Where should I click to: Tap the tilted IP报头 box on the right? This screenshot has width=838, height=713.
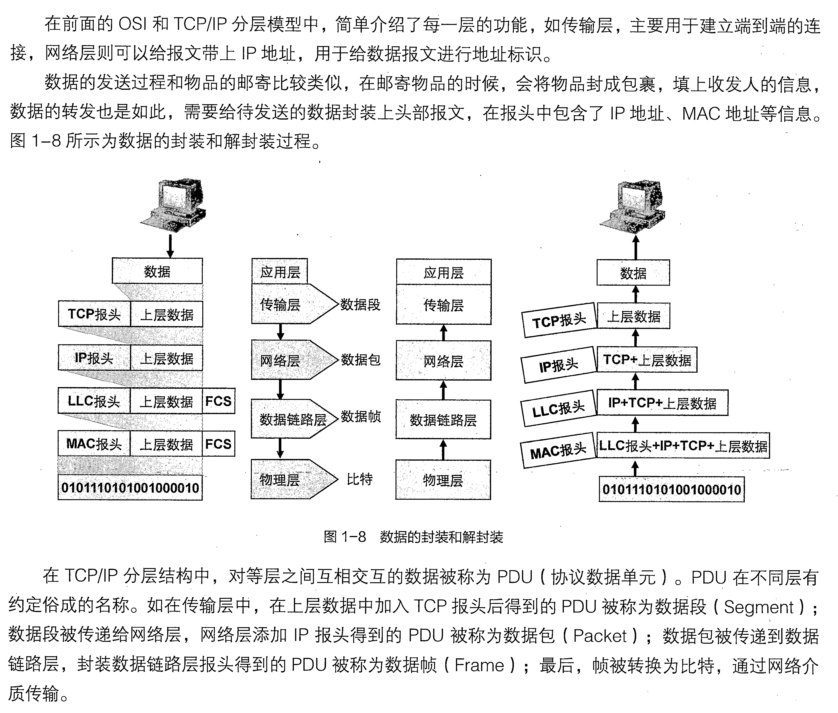pos(559,365)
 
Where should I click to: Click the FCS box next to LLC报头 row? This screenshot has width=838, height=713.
pos(218,401)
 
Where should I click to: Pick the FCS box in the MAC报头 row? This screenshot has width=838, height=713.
pos(218,444)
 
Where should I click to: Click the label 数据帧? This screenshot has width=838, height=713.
pos(360,416)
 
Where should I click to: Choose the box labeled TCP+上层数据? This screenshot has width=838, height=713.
pos(646,360)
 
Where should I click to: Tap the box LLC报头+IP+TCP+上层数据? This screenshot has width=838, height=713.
pos(683,446)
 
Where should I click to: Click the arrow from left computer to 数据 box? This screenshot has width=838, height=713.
pos(170,245)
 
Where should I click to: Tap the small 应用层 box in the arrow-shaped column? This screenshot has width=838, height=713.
pos(279,272)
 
